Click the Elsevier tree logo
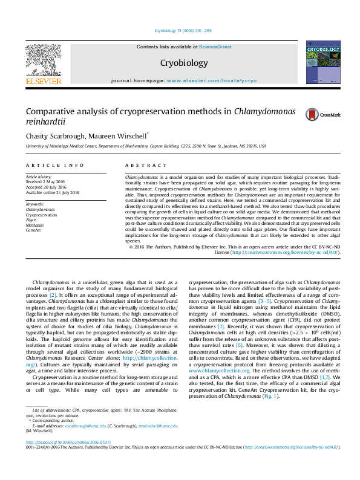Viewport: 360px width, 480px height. (x=43, y=60)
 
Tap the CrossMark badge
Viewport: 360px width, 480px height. (x=322, y=114)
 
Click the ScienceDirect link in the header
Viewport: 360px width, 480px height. (x=216, y=47)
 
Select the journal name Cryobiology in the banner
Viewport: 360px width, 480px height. (x=184, y=63)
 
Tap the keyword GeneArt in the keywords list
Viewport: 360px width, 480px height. (x=34, y=230)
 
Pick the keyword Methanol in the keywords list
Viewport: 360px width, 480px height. (x=35, y=225)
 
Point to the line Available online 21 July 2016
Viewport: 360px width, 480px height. (x=53, y=192)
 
